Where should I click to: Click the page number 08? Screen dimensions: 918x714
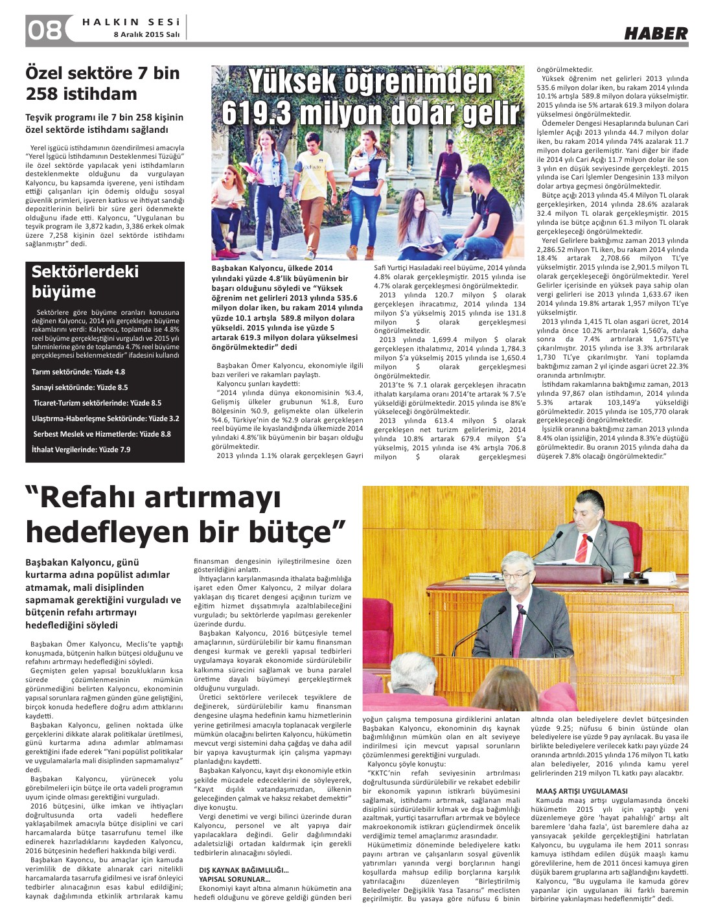tap(44, 30)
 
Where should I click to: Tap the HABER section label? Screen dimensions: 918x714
tap(656, 34)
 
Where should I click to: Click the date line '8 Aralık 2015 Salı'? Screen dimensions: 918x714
tap(146, 34)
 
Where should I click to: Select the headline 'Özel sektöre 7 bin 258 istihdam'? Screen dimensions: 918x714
tap(102, 83)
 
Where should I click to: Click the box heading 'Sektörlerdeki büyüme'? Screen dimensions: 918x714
tap(85, 281)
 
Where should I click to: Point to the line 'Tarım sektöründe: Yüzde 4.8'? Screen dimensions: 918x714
tap(78, 372)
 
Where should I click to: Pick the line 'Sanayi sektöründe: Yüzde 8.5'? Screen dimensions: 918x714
tap(80, 387)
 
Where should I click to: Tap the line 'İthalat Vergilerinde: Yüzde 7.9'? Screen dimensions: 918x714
tap(81, 450)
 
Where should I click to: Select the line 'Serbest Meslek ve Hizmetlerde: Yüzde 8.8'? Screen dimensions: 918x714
tap(102, 434)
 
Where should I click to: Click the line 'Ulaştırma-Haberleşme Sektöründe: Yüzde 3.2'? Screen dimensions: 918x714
tap(106, 419)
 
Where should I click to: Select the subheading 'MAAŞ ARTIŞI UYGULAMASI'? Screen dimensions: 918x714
tap(581, 791)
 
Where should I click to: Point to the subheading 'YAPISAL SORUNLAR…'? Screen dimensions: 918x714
tap(235, 879)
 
